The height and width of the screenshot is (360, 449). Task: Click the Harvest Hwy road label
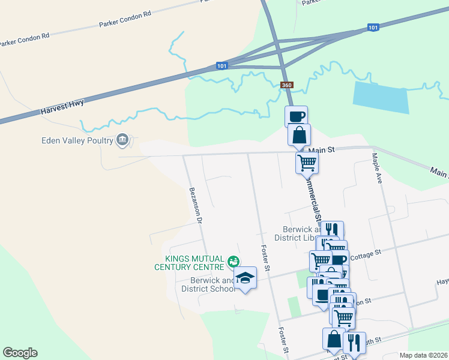click(62, 107)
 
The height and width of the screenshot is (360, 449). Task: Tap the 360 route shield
click(286, 85)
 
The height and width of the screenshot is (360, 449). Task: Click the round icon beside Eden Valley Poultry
click(122, 140)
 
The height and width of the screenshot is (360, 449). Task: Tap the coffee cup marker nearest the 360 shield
click(296, 116)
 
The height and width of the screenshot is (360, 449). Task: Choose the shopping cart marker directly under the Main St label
click(307, 161)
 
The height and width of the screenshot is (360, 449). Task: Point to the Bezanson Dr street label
click(196, 205)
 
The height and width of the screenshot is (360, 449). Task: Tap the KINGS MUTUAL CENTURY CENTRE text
click(190, 262)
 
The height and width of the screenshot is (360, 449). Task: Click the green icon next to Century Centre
click(233, 262)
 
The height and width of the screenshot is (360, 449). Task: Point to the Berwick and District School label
click(204, 284)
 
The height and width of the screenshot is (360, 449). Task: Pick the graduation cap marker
click(245, 278)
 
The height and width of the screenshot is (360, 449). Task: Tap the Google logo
click(20, 353)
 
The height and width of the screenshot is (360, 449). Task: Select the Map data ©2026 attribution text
click(423, 355)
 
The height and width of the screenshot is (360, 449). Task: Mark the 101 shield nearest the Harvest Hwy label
click(223, 66)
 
